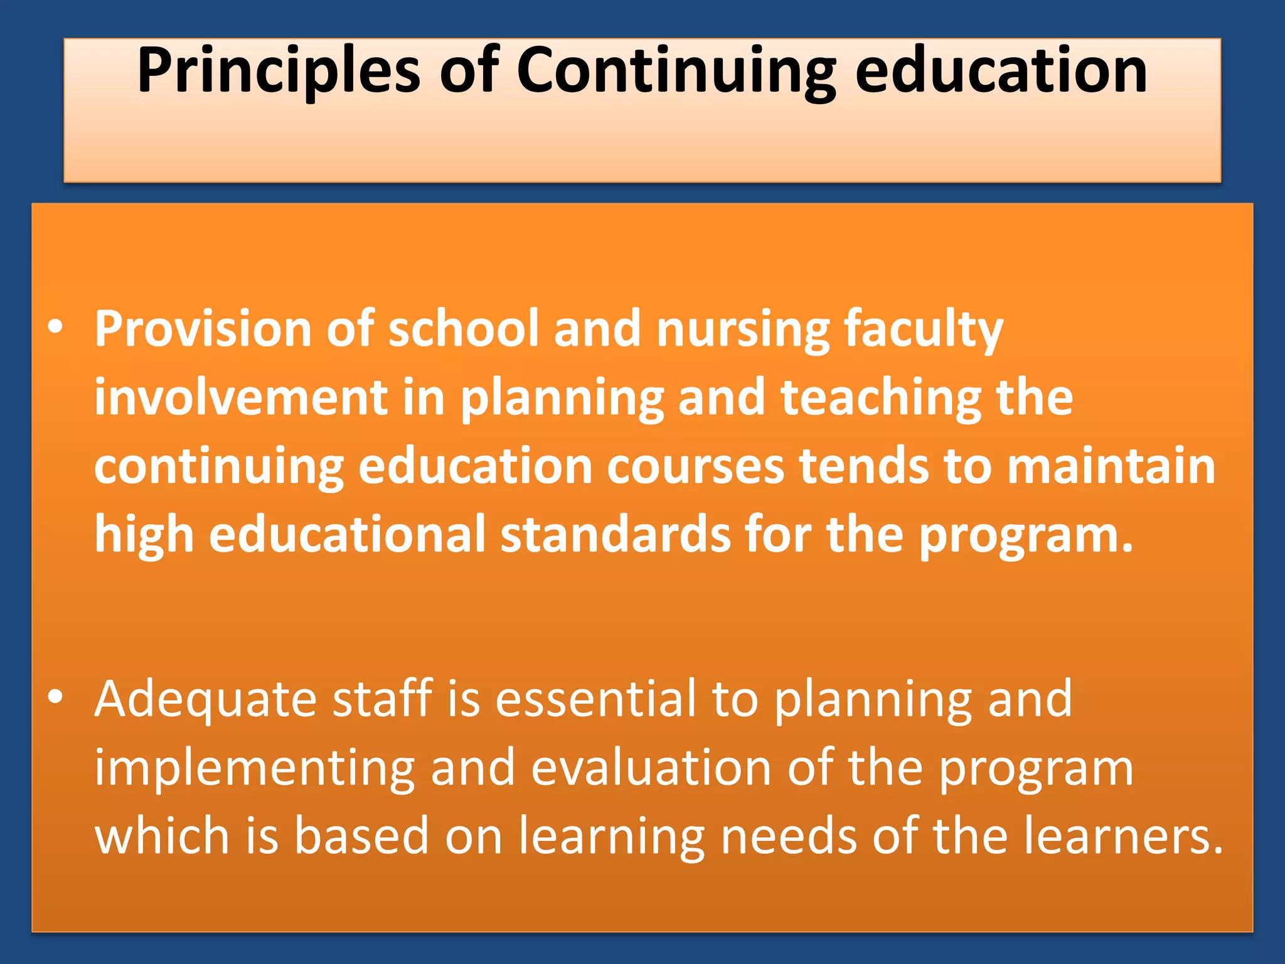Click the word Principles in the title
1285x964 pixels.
(x=278, y=70)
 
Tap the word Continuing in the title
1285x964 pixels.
(x=676, y=70)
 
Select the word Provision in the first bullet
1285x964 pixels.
(x=203, y=328)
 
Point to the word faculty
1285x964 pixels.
(x=924, y=329)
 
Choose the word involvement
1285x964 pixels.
(x=241, y=397)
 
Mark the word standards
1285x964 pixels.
(x=616, y=534)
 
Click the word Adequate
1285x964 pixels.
(x=206, y=699)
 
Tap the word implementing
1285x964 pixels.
(x=255, y=768)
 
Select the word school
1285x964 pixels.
(x=464, y=328)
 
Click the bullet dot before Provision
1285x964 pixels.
(x=56, y=328)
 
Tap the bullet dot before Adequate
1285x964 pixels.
(x=56, y=697)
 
